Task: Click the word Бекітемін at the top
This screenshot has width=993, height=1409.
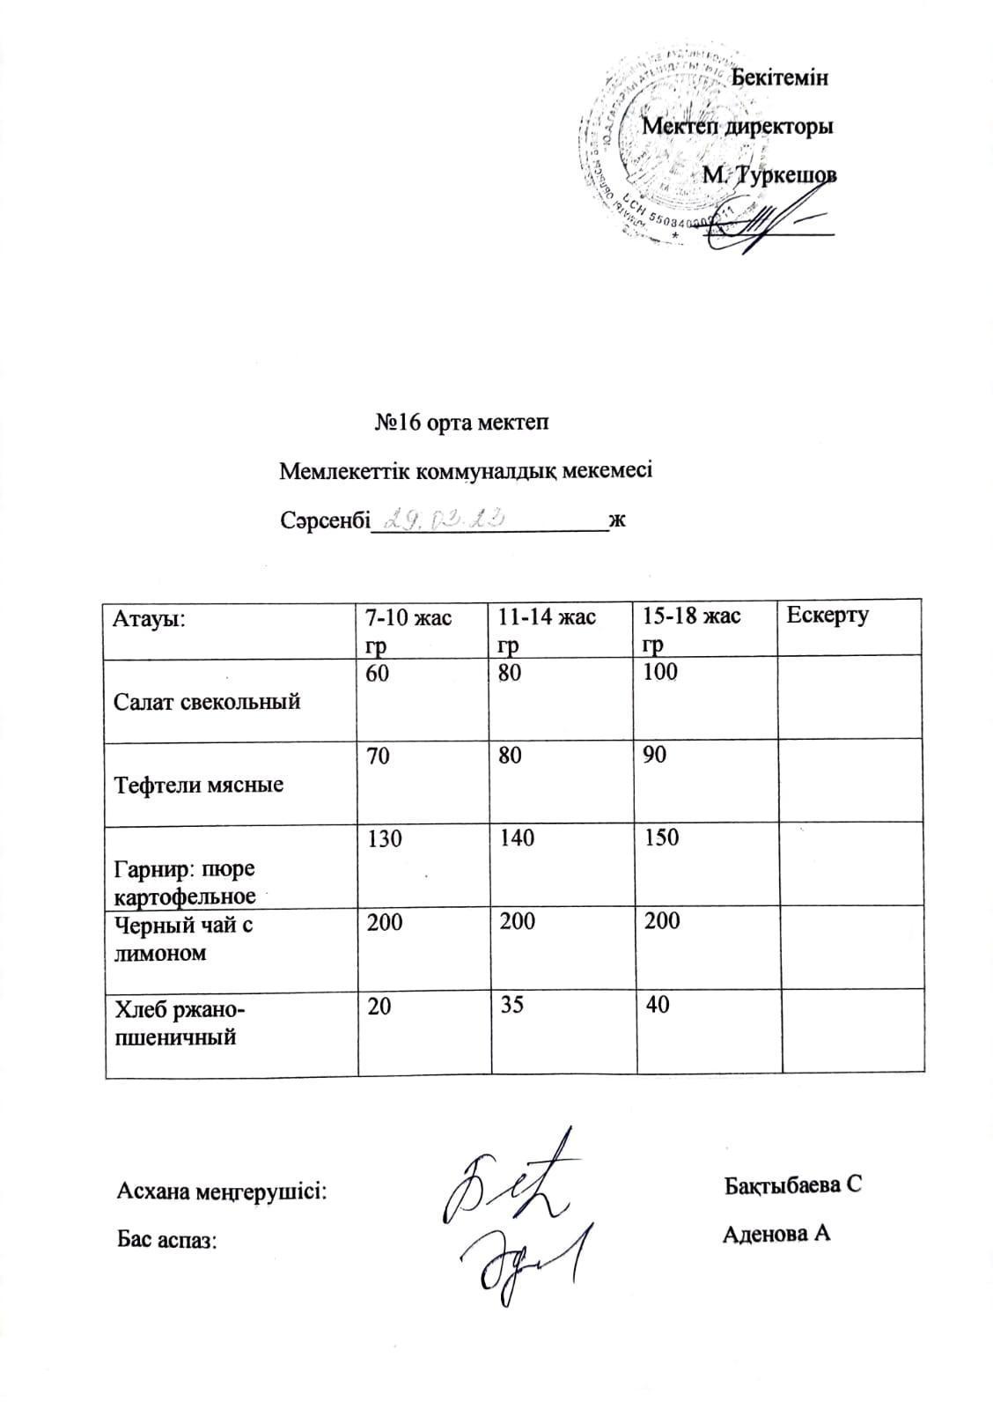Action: click(780, 77)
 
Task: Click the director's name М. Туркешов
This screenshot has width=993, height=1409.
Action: click(769, 174)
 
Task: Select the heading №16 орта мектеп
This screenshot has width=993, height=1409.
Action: click(461, 423)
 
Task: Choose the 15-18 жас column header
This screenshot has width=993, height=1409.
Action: click(691, 629)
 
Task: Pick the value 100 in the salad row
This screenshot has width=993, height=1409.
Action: click(660, 673)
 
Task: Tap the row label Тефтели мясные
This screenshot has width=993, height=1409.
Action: click(199, 785)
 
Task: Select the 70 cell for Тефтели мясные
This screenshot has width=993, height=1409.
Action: click(379, 755)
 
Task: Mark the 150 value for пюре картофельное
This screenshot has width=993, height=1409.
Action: click(661, 837)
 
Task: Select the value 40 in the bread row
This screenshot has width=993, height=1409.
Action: click(657, 1005)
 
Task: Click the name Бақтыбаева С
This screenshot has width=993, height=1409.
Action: click(792, 1185)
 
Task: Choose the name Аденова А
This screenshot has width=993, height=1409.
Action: click(776, 1234)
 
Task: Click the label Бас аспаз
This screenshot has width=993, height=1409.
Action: click(166, 1241)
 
